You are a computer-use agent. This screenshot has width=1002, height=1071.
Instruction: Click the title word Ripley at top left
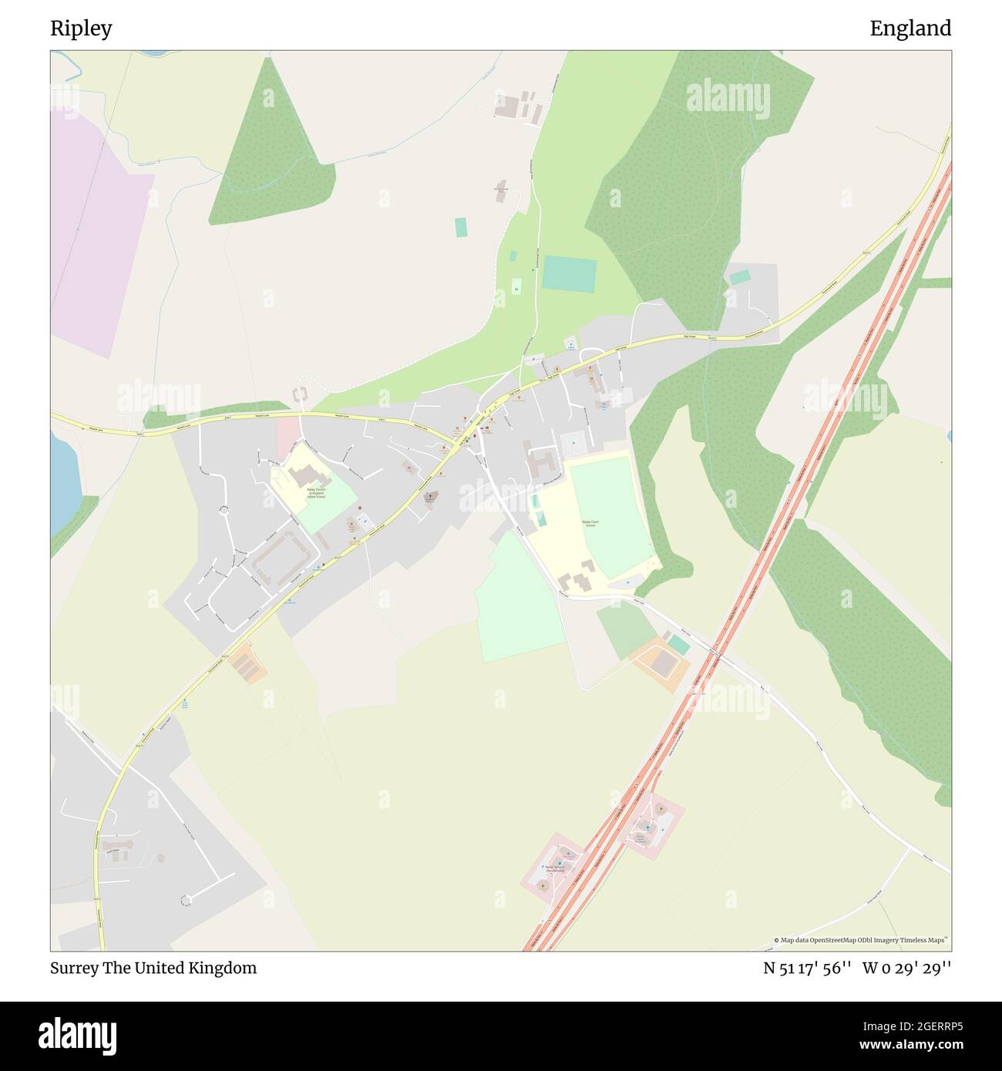coord(81,29)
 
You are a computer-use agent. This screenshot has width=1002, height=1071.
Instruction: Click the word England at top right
coord(910,29)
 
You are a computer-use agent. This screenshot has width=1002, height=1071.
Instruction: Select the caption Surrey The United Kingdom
coord(153,968)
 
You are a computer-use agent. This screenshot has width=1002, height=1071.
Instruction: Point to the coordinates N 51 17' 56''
coord(807,968)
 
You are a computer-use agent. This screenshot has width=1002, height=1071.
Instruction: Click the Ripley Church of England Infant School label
coord(316,492)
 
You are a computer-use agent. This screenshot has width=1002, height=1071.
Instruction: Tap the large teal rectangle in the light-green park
coord(569,274)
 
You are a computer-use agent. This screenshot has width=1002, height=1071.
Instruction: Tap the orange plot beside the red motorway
coord(659,661)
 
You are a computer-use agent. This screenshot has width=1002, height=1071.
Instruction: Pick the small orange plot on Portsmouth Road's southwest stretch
coord(248,663)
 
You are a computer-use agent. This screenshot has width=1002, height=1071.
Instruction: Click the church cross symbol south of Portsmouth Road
coord(430,497)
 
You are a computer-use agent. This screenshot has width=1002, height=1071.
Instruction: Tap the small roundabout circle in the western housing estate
coord(224,510)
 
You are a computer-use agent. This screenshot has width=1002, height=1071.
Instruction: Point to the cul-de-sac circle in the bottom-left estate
coord(185,900)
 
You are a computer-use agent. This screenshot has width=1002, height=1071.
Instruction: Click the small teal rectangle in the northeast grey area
coord(740,277)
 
